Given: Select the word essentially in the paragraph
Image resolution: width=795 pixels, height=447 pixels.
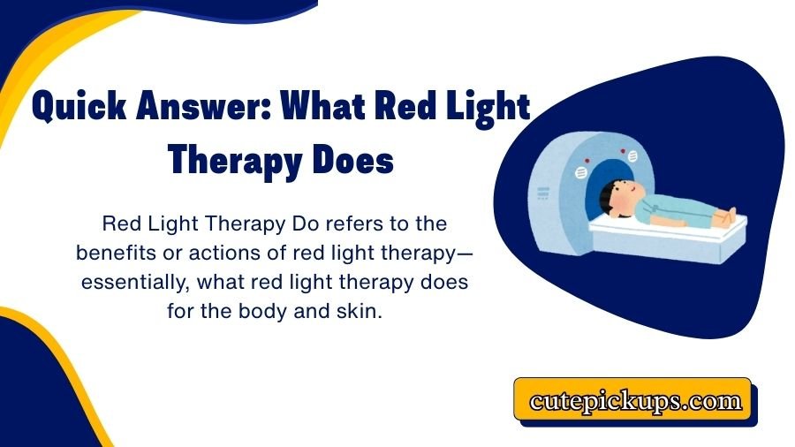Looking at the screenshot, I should click(132, 282).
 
